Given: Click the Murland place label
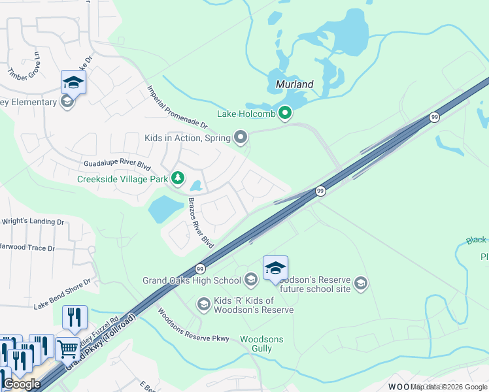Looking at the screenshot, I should [x=294, y=84].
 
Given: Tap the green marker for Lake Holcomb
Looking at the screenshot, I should [x=284, y=114].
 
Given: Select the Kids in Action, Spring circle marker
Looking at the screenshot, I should [x=241, y=137].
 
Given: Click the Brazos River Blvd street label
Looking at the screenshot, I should [x=201, y=223].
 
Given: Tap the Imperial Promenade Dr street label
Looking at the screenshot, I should [x=177, y=107].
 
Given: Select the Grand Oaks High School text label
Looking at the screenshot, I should [x=192, y=282].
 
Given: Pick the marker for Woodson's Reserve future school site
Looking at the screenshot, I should [x=361, y=283].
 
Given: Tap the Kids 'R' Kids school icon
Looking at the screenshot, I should [x=203, y=304].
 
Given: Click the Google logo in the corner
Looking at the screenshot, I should [x=22, y=384].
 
